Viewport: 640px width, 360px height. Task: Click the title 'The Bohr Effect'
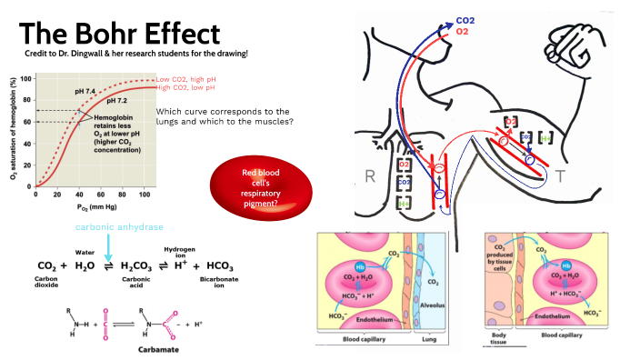(x=120, y=34)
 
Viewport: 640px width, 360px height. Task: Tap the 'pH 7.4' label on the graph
(x=85, y=92)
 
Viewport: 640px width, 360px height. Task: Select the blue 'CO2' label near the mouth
(x=466, y=19)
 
